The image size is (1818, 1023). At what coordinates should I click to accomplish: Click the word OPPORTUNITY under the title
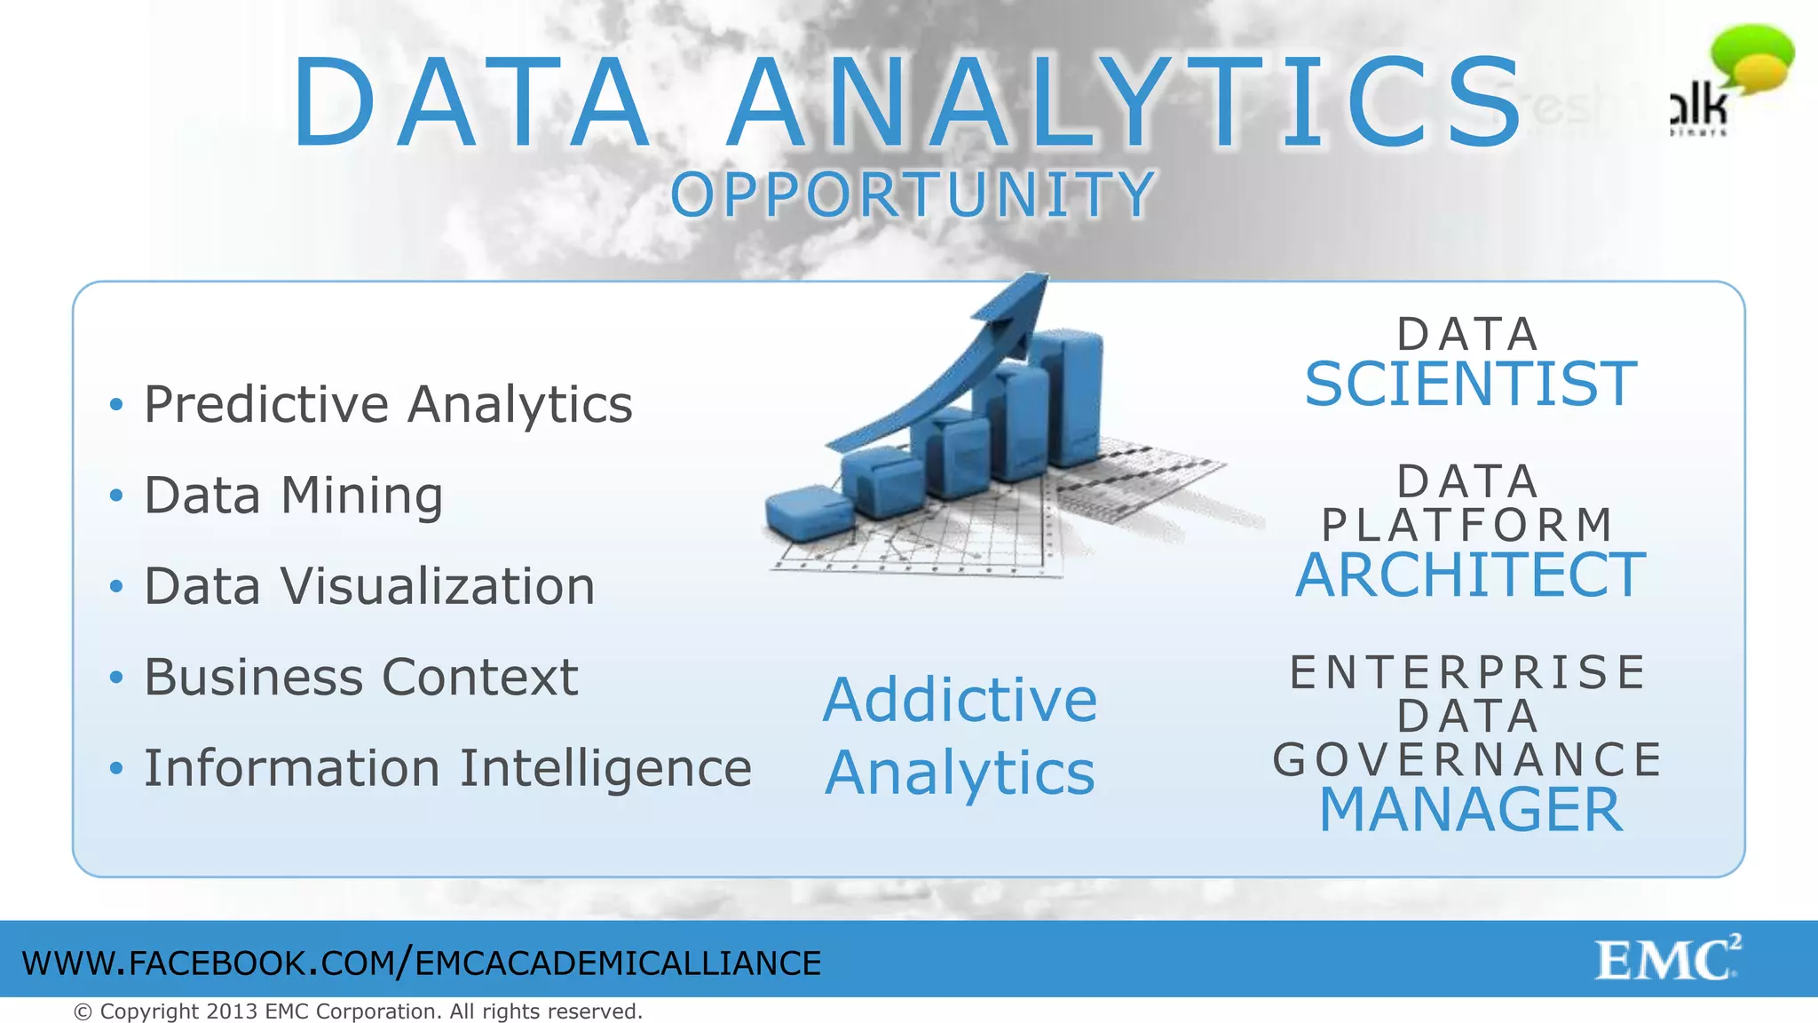[x=912, y=195]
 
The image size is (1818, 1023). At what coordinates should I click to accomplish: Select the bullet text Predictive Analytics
[x=388, y=405]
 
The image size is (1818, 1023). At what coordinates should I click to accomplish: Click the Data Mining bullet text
[x=293, y=496]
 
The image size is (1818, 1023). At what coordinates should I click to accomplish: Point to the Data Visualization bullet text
[x=369, y=587]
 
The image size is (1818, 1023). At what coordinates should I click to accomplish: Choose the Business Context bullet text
[x=360, y=678]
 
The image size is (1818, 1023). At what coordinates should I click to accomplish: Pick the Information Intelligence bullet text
[x=447, y=768]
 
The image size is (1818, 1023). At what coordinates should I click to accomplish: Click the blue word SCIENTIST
[x=1470, y=385]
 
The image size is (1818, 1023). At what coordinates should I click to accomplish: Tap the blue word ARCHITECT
[x=1470, y=575]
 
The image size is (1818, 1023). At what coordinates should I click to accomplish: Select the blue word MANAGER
[x=1470, y=810]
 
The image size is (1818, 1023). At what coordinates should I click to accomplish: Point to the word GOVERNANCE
[x=1468, y=760]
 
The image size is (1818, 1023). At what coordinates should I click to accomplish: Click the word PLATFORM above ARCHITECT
[x=1468, y=525]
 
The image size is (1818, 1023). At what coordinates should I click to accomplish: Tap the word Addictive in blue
[x=960, y=701]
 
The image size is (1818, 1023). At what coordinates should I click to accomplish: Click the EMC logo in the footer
[x=1667, y=959]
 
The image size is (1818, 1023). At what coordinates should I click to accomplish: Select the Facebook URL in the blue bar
[x=422, y=964]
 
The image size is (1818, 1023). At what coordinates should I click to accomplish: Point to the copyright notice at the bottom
[x=358, y=1011]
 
